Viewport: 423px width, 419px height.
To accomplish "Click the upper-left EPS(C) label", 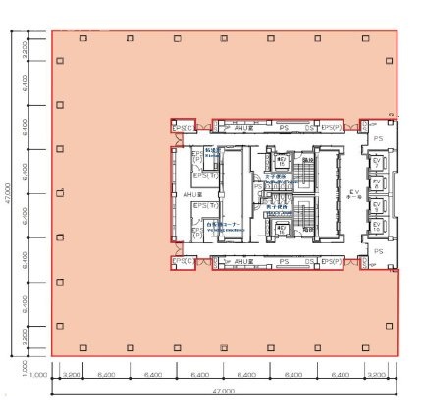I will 181,128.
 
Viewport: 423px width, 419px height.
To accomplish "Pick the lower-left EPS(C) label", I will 181,261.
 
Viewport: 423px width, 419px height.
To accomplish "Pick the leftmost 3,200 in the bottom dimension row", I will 71,375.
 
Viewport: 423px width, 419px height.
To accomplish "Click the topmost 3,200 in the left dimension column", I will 25,47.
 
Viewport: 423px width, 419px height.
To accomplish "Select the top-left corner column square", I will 61,38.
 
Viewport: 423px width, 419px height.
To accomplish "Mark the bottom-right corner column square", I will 389,344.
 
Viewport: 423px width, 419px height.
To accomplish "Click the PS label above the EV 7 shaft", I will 378,139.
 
